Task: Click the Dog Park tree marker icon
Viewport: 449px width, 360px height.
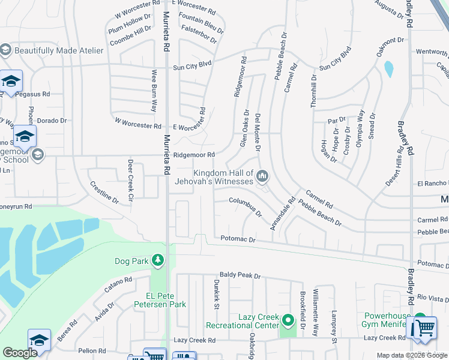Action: point(157,260)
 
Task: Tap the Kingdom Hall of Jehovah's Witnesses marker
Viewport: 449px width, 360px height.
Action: point(262,176)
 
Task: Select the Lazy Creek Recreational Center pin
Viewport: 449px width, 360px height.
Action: point(288,321)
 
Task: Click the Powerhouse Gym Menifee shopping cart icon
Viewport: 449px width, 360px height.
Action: point(424,327)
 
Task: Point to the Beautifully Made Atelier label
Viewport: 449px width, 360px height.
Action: point(59,51)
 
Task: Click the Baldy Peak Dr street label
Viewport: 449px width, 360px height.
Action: point(240,276)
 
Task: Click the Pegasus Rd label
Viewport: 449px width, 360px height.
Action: point(32,94)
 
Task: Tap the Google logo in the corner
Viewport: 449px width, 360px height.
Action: point(20,353)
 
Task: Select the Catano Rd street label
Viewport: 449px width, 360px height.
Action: point(118,284)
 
